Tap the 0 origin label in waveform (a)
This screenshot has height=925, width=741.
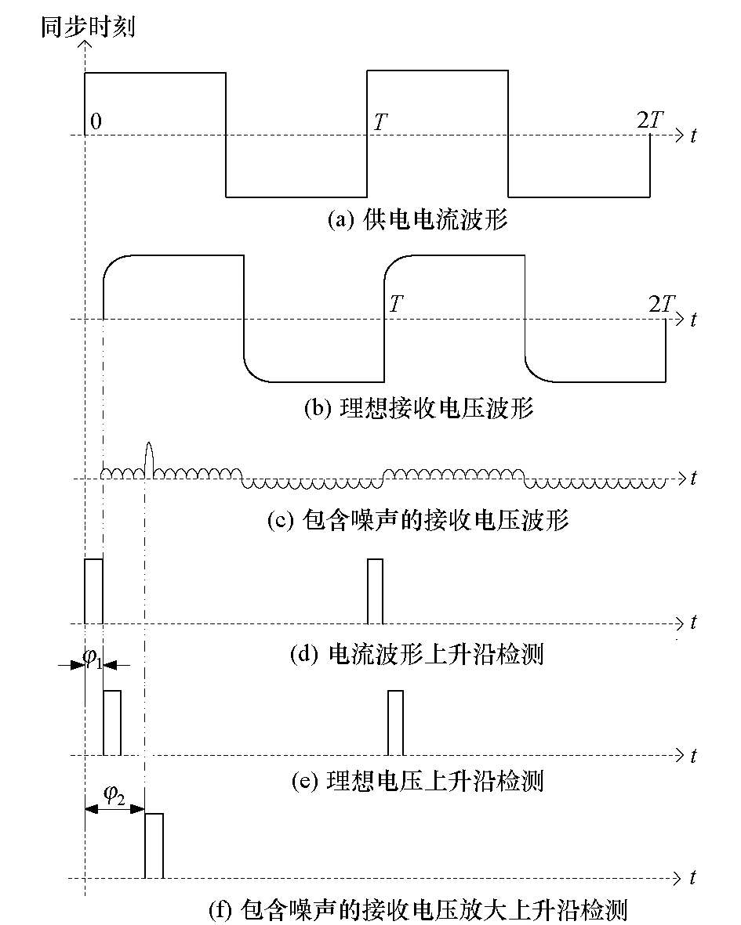[96, 121]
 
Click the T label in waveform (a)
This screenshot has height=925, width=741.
[380, 122]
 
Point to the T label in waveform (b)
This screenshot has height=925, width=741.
[397, 303]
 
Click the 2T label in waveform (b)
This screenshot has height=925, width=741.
[661, 304]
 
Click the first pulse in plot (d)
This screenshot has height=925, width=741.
[93, 591]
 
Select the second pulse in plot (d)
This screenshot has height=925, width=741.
[376, 591]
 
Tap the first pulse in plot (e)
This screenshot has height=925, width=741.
[112, 723]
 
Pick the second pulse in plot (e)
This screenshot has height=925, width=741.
[395, 723]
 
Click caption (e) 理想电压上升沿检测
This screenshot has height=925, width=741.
[417, 780]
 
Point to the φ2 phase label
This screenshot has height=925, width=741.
[114, 795]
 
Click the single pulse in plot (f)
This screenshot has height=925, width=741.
[154, 846]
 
